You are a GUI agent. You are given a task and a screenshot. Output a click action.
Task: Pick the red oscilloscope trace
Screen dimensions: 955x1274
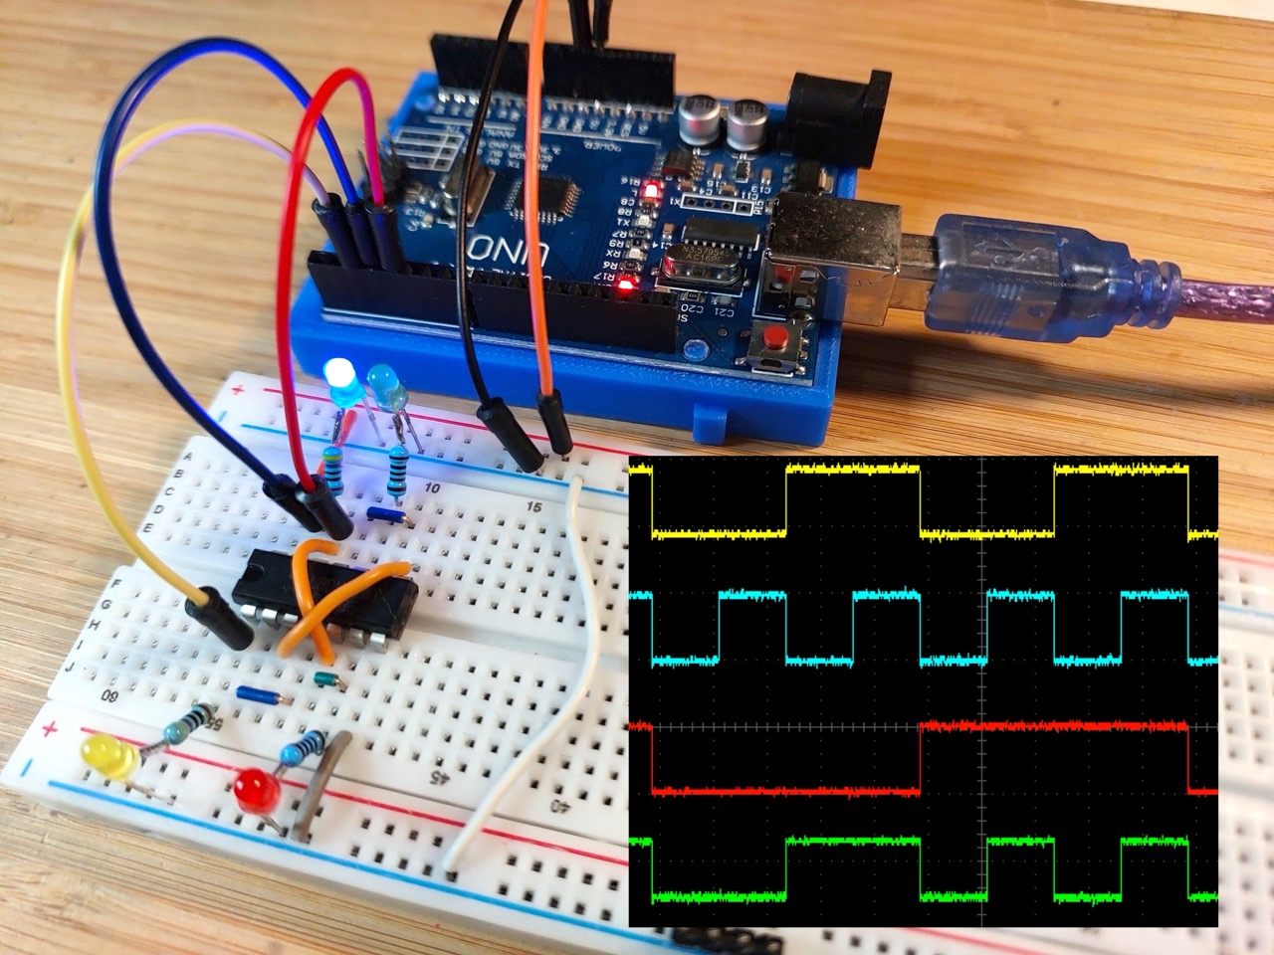tap(786, 792)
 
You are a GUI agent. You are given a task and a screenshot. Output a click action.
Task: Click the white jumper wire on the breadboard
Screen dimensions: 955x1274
tap(518, 716)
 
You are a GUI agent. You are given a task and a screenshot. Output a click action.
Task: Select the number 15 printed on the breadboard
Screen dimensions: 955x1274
tap(534, 507)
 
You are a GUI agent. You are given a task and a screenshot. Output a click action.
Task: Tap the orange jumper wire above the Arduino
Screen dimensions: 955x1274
tap(542, 199)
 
